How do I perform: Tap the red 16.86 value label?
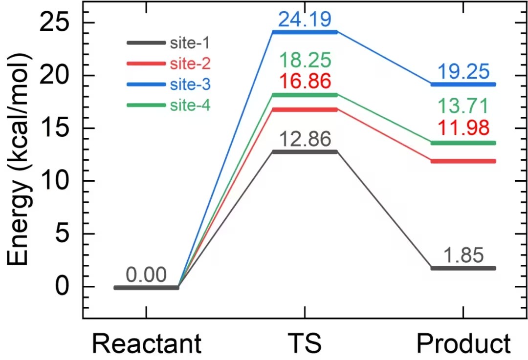tap(305, 81)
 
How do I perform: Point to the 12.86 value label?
tap(305, 140)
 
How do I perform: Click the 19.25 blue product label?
tap(463, 72)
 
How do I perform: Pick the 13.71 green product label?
tap(463, 106)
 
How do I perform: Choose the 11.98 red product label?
tap(463, 128)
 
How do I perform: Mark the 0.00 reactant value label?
tap(146, 275)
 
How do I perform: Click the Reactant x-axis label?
tap(146, 343)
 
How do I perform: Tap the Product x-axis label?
tap(463, 343)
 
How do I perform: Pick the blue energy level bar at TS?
tap(305, 32)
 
